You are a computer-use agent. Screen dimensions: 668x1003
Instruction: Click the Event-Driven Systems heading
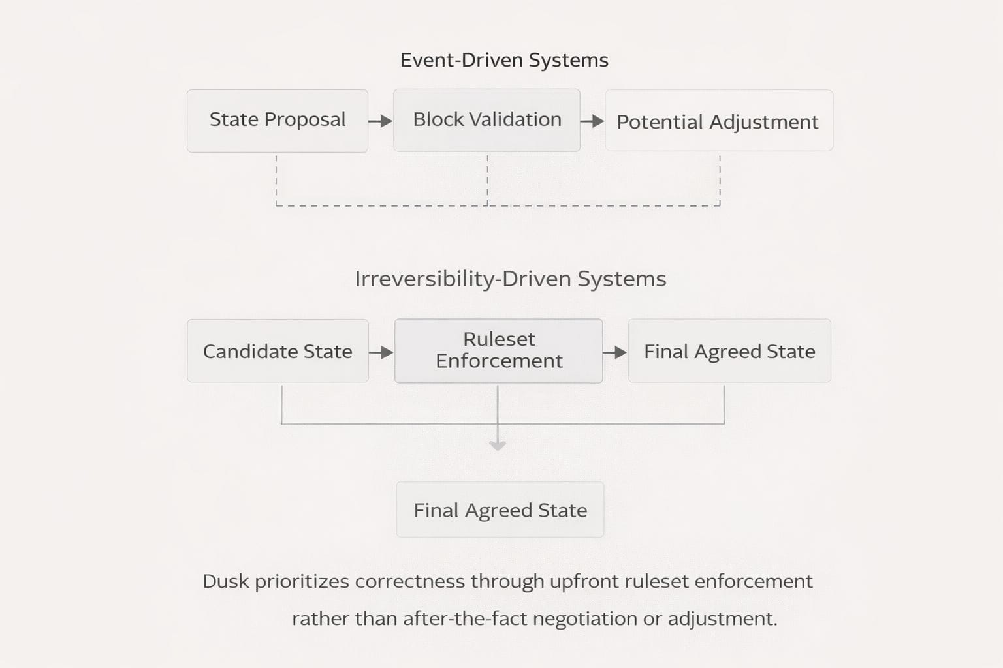[x=504, y=60]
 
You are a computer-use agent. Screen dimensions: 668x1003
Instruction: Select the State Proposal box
[x=278, y=121]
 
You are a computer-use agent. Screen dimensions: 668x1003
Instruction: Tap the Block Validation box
[x=486, y=120]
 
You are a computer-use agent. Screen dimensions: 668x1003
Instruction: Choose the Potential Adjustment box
[x=719, y=121]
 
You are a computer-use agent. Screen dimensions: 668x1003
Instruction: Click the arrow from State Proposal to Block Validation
[x=380, y=121]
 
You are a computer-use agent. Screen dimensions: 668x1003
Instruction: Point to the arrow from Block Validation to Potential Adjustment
[x=592, y=121]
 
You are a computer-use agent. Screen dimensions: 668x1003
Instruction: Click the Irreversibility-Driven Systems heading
[x=510, y=279]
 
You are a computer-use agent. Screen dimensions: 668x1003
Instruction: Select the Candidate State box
[x=278, y=351]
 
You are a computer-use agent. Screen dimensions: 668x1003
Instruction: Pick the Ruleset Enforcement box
[x=498, y=350]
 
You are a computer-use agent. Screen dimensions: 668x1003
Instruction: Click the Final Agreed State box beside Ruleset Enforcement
[x=729, y=351]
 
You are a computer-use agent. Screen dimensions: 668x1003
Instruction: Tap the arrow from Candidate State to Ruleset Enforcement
[x=381, y=352]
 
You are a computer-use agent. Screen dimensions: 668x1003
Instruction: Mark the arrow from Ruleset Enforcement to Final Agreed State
[x=614, y=352]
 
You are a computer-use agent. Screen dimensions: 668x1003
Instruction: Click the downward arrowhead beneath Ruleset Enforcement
[x=498, y=446]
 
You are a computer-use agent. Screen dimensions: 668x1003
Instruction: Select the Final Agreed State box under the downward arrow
[x=500, y=509]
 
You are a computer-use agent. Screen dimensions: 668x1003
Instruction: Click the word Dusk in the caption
[x=225, y=581]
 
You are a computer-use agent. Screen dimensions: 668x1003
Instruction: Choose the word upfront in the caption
[x=584, y=581]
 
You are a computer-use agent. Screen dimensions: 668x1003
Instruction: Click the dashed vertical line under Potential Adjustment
[x=720, y=179]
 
